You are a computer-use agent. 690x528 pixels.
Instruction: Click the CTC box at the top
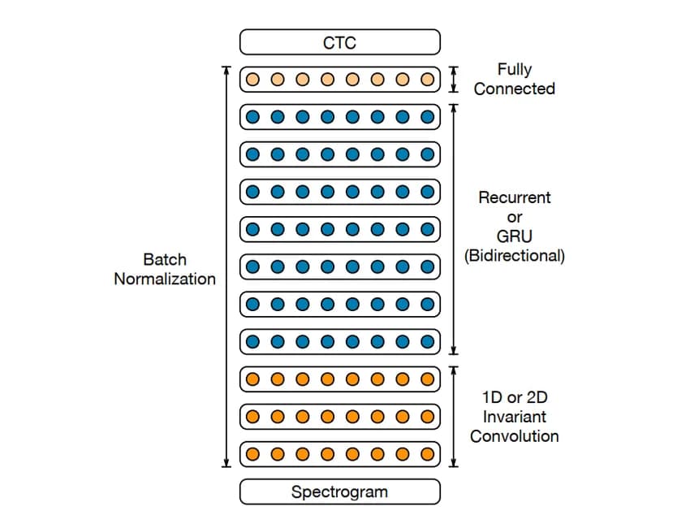coord(339,42)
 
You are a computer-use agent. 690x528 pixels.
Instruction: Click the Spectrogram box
coord(339,491)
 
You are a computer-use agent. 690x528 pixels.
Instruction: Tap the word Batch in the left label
coord(165,260)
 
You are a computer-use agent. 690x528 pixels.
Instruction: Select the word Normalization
coord(165,279)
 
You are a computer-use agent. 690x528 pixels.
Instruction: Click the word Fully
coord(515,70)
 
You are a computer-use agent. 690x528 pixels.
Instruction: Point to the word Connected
coord(515,89)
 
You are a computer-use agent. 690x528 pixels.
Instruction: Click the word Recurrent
coord(515,197)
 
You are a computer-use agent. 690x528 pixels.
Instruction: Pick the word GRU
coord(515,236)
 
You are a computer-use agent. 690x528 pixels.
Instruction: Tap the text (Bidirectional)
coord(515,256)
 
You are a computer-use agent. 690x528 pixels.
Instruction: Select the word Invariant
coord(515,417)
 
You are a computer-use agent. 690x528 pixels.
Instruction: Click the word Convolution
coord(515,436)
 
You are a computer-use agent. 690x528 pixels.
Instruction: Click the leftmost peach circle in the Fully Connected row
coord(252,80)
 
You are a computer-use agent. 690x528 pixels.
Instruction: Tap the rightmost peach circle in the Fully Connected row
coord(428,80)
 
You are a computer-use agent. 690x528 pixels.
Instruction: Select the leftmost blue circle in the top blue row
coord(252,117)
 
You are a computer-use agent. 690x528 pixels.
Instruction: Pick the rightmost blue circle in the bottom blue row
coord(428,341)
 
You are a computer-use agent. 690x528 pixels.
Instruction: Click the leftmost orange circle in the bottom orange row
coord(252,453)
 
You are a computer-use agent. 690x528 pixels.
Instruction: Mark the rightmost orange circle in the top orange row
coord(428,379)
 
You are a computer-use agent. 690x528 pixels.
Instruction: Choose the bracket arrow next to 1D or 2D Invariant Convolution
coord(454,416)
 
